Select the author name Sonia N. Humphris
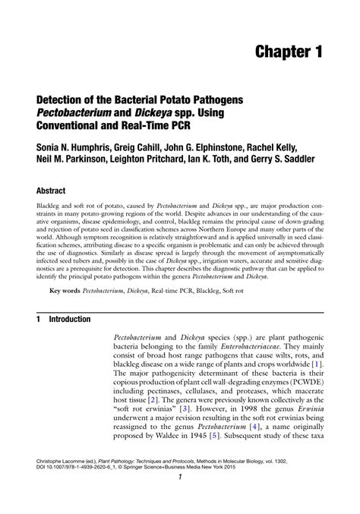pyautogui.click(x=76, y=147)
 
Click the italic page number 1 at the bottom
pyautogui.click(x=179, y=498)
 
